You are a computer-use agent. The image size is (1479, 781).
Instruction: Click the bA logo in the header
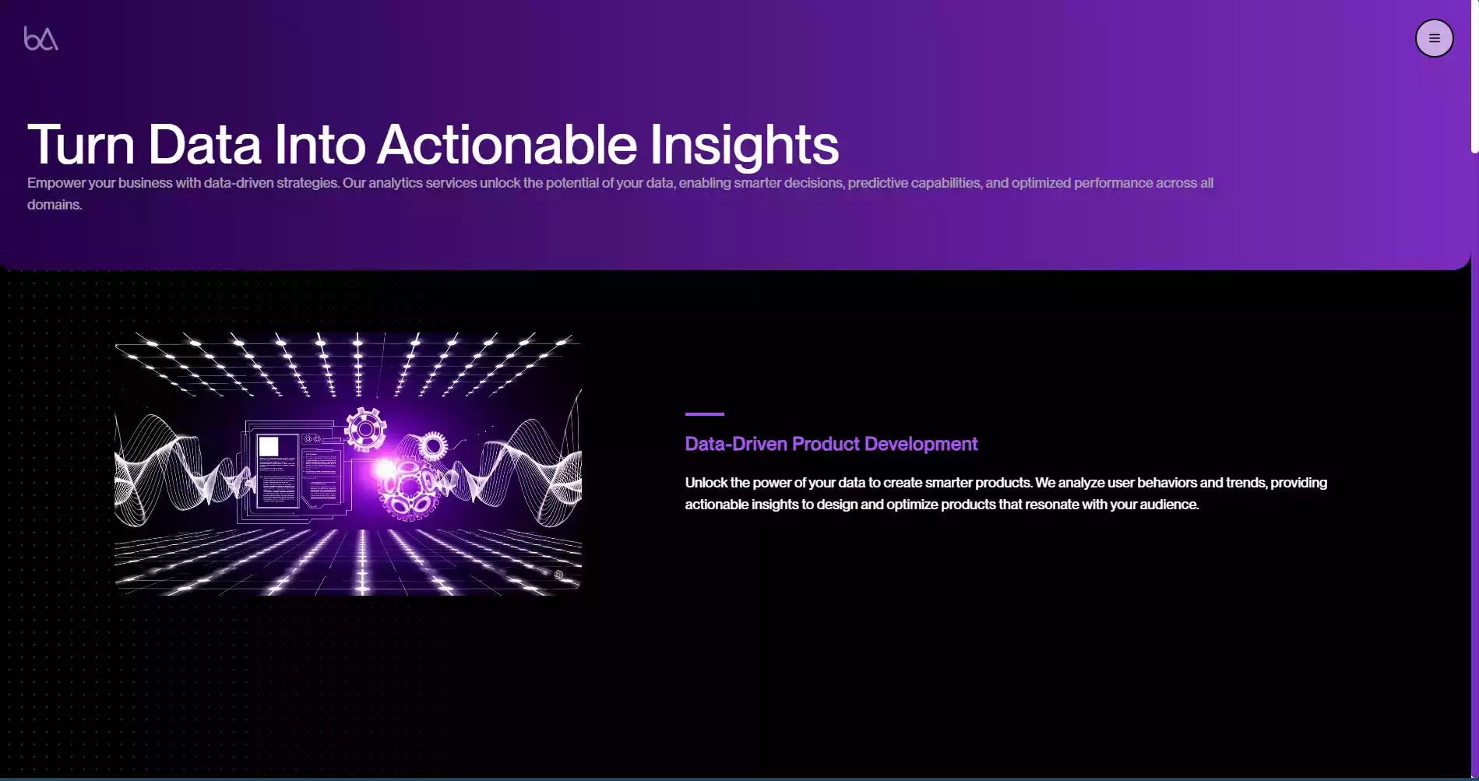(41, 38)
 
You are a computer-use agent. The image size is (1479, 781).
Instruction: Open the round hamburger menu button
(1434, 38)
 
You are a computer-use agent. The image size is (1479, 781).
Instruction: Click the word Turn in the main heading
(81, 145)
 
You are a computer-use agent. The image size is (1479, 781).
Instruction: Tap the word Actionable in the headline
(507, 145)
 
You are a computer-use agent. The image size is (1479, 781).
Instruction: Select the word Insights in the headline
(744, 145)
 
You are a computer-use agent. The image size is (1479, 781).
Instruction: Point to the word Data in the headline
(205, 145)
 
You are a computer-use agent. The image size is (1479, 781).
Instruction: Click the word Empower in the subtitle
(56, 183)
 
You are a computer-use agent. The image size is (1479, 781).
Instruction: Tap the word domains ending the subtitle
(53, 205)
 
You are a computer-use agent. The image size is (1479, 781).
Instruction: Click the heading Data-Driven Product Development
(831, 444)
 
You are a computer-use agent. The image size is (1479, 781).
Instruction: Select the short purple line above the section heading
(704, 414)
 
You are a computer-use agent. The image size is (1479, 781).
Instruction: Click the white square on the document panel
(269, 446)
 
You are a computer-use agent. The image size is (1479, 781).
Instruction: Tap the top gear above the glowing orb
(365, 429)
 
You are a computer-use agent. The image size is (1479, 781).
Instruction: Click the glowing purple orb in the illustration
(386, 470)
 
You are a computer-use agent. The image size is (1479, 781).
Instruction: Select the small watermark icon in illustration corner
(558, 575)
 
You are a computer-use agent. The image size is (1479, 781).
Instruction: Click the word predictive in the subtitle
(877, 183)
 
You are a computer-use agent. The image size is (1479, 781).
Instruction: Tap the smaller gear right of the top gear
(432, 446)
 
